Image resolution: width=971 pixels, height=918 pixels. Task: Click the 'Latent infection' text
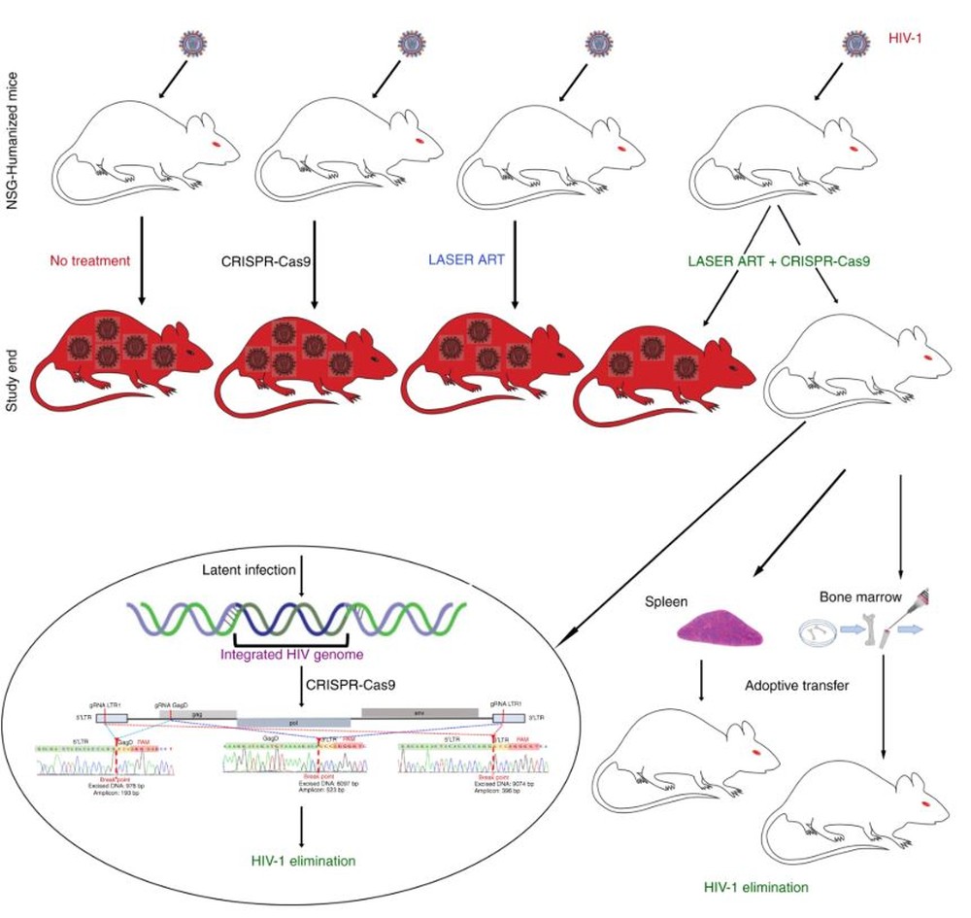249,569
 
